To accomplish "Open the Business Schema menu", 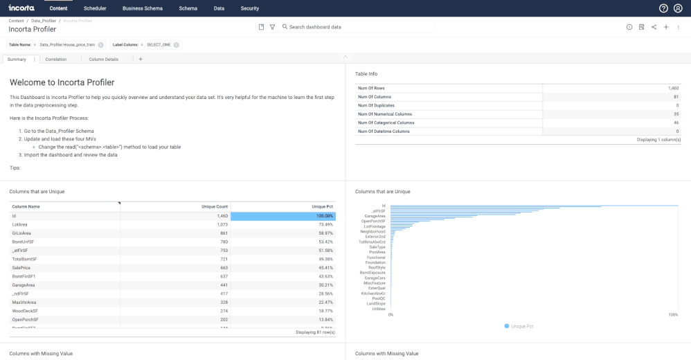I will (142, 8).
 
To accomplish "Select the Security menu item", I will (250, 8).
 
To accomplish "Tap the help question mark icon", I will (663, 8).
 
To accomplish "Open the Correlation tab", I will (56, 60).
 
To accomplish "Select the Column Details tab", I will (104, 60).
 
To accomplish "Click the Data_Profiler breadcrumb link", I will (44, 21).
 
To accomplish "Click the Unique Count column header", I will (214, 206).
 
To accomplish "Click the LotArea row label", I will (20, 224).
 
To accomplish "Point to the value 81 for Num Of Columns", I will (676, 97).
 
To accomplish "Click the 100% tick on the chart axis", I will (673, 315).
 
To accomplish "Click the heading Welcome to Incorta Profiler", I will (62, 82).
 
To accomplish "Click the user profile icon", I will (678, 8).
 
